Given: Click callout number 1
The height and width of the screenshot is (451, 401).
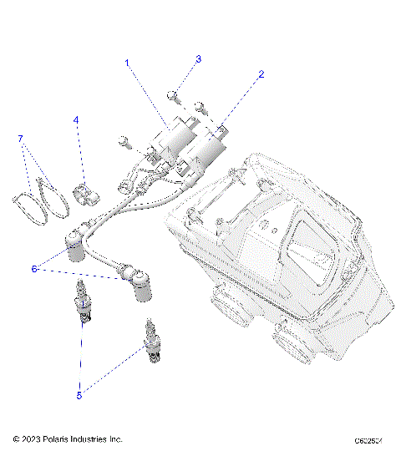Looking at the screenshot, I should tap(128, 63).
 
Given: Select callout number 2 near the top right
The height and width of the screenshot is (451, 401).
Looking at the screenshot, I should tap(261, 74).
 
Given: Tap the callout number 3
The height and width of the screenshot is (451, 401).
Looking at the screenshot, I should tap(198, 59).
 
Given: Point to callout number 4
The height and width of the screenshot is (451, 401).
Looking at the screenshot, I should tap(76, 120).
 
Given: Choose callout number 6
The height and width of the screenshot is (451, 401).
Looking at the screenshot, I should tap(34, 269).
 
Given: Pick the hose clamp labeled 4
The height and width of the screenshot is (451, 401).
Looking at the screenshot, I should tap(88, 193).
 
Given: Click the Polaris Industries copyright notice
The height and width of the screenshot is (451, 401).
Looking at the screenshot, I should tap(69, 438).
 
